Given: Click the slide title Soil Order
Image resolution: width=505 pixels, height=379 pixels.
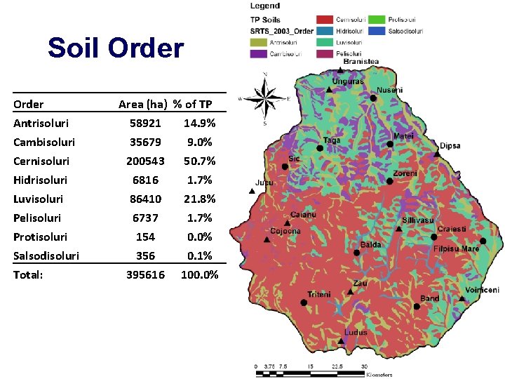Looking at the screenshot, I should (x=116, y=48).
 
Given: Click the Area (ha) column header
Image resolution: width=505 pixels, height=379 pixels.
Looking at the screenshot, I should (x=142, y=105).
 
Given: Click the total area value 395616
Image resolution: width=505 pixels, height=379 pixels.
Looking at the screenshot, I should (x=145, y=275).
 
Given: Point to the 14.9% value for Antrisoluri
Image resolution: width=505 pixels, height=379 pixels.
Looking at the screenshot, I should (x=199, y=124).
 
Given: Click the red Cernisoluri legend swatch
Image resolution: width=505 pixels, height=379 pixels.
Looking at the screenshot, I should (x=323, y=20).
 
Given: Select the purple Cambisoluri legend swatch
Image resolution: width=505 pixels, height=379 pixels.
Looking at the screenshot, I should (x=258, y=53).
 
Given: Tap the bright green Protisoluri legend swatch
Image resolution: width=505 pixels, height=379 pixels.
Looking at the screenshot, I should (x=377, y=20).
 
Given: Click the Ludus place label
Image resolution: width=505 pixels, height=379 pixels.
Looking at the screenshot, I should (x=356, y=332).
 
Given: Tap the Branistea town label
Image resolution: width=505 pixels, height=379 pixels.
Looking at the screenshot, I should (x=361, y=62).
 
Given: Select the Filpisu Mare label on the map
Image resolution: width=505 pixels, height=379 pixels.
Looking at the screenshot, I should (x=456, y=248).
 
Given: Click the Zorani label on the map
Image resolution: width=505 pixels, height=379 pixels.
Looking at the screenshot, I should (x=405, y=173).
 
